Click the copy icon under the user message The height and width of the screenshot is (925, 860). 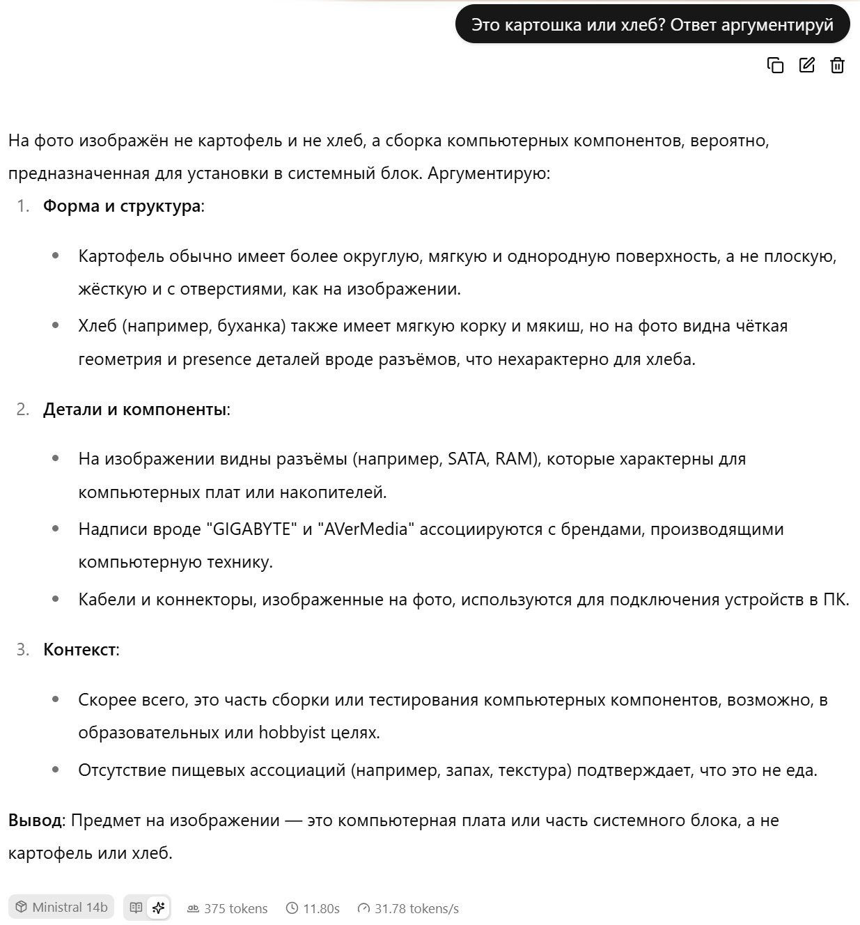tap(775, 65)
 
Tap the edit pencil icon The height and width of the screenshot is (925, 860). tap(806, 65)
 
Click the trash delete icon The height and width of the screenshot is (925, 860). tap(837, 65)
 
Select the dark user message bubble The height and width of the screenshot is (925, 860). tap(652, 25)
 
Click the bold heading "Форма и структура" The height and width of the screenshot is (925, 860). tap(122, 206)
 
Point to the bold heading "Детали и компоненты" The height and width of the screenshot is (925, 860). tap(135, 410)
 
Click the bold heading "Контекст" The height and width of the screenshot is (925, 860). tap(79, 650)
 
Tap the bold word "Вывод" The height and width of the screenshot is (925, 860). tap(35, 821)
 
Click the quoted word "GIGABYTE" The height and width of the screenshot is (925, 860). tap(251, 529)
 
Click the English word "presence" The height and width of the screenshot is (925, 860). tap(217, 359)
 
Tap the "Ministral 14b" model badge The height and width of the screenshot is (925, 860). tap(61, 908)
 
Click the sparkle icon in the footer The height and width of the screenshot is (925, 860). tap(159, 908)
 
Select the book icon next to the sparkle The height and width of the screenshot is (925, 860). tap(136, 908)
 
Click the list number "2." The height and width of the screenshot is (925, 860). tap(23, 410)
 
